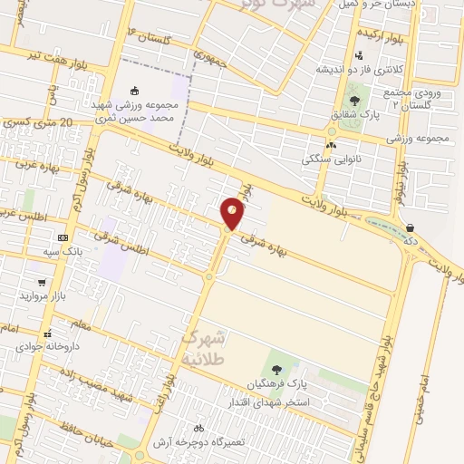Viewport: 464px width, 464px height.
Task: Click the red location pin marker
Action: [x=233, y=213]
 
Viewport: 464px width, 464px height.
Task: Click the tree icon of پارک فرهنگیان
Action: [x=276, y=370]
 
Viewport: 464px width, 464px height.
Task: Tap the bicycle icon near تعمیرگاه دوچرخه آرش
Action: [x=198, y=428]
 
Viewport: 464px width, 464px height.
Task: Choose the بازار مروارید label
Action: [x=45, y=297]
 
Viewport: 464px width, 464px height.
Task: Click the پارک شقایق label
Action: [x=354, y=114]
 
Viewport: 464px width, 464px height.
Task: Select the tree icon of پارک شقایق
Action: [x=353, y=101]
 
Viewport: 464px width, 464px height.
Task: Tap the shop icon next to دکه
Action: [x=411, y=227]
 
